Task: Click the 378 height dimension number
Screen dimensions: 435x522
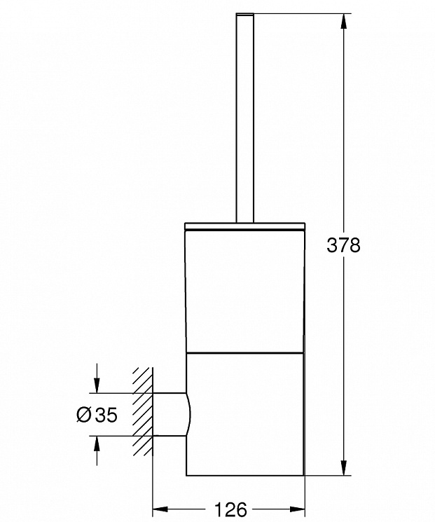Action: click(x=343, y=245)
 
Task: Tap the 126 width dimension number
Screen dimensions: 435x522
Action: click(x=230, y=509)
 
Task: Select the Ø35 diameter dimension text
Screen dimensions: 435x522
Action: click(x=97, y=415)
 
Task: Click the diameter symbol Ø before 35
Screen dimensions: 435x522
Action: click(x=83, y=415)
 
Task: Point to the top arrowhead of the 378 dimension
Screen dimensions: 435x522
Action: click(x=344, y=21)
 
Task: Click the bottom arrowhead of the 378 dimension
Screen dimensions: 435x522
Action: click(x=344, y=468)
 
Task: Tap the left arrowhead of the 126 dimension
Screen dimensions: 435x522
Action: click(x=160, y=509)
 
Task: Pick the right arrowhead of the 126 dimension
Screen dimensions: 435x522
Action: click(x=297, y=509)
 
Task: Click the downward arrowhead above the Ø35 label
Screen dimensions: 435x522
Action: click(x=97, y=385)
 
